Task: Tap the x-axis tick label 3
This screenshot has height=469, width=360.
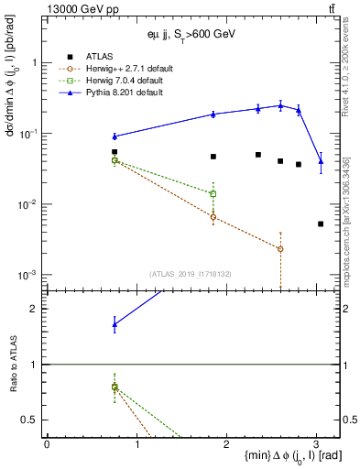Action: (316, 444)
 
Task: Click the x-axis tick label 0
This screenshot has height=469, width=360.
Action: (47, 444)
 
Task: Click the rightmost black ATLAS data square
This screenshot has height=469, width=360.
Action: (321, 224)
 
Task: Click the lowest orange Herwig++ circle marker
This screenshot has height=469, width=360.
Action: (280, 249)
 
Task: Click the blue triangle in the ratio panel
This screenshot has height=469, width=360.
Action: (115, 324)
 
